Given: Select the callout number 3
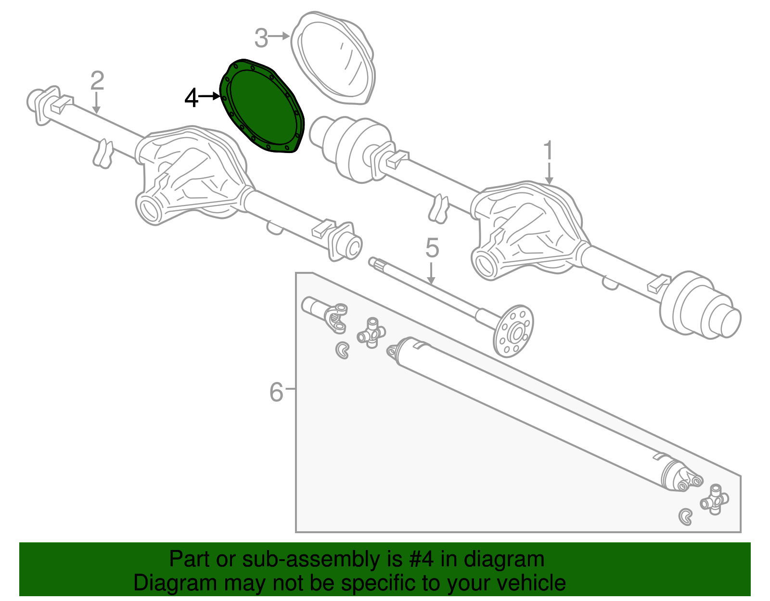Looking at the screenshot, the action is coord(261,38).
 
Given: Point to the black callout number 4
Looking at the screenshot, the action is coord(192,98).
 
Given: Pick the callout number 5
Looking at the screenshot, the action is coord(432,248).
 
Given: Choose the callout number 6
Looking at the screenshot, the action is coord(276,392).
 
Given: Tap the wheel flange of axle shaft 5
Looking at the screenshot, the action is coord(514,331).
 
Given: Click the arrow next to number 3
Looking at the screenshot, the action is coord(279,36).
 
